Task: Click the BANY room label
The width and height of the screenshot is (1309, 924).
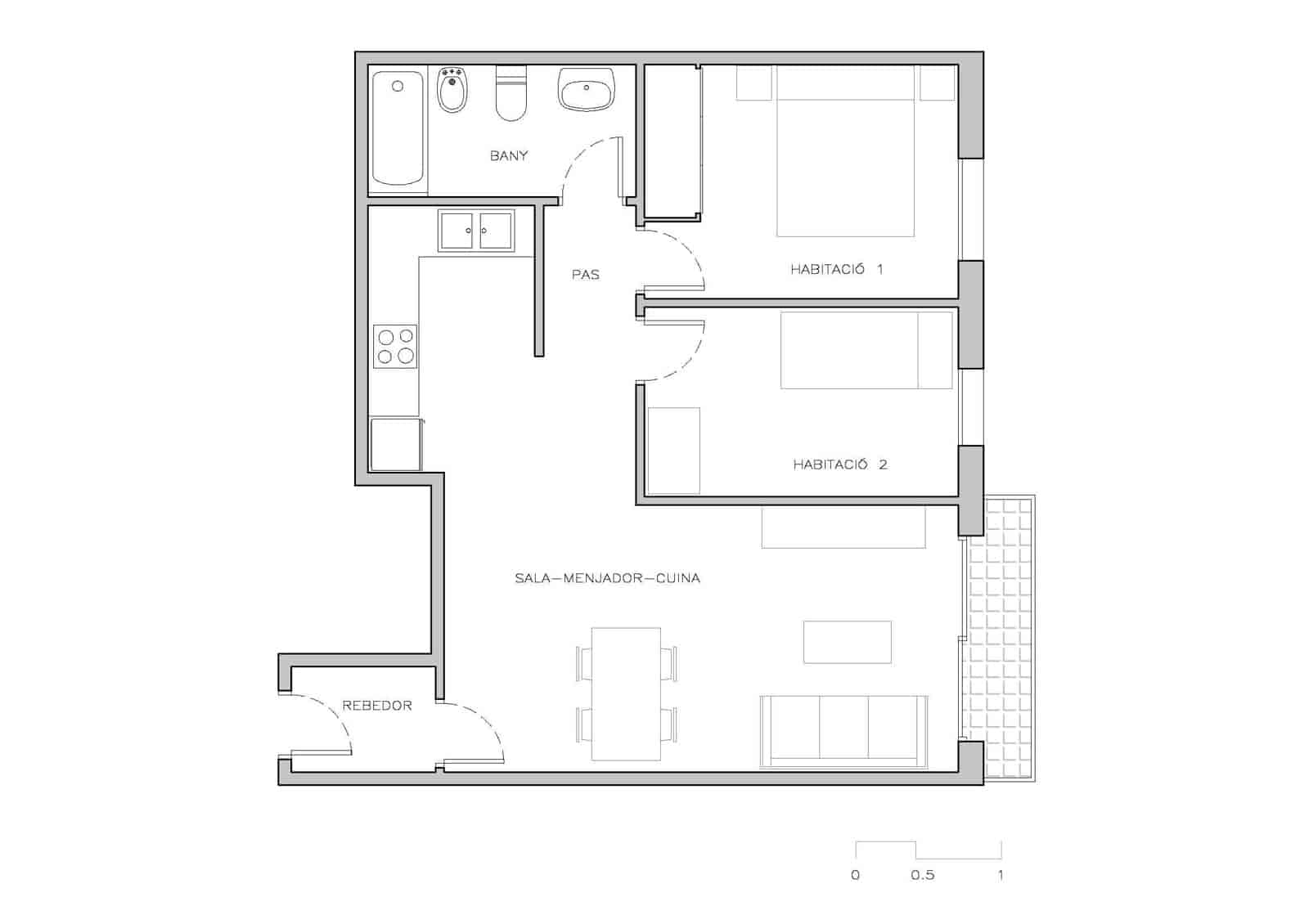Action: pyautogui.click(x=509, y=155)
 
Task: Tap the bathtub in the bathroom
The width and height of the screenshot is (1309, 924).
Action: pyautogui.click(x=398, y=128)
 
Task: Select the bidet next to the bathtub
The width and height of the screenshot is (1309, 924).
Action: pyautogui.click(x=452, y=90)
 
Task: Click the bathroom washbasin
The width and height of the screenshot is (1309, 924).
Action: pyautogui.click(x=586, y=89)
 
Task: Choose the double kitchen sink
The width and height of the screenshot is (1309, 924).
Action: pyautogui.click(x=476, y=231)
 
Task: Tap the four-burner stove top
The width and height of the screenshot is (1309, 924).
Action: pyautogui.click(x=396, y=347)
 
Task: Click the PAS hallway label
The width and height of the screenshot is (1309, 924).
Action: pyautogui.click(x=586, y=275)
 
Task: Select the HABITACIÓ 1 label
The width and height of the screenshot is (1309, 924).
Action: pyautogui.click(x=836, y=269)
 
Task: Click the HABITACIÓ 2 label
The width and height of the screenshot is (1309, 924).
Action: pyautogui.click(x=839, y=464)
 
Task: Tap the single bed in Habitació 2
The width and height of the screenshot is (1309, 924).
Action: pyautogui.click(x=866, y=350)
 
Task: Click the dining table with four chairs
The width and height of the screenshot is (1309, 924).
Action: pyautogui.click(x=626, y=693)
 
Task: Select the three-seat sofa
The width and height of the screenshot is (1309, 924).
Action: pyautogui.click(x=843, y=732)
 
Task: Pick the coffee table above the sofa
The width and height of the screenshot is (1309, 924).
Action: pyautogui.click(x=847, y=642)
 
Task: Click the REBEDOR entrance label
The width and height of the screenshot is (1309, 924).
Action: pyautogui.click(x=377, y=706)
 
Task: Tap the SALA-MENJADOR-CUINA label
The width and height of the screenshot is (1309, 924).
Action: pyautogui.click(x=607, y=578)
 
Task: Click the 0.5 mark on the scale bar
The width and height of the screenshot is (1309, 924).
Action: pyautogui.click(x=922, y=875)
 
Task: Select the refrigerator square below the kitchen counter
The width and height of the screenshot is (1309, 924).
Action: pyautogui.click(x=396, y=445)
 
